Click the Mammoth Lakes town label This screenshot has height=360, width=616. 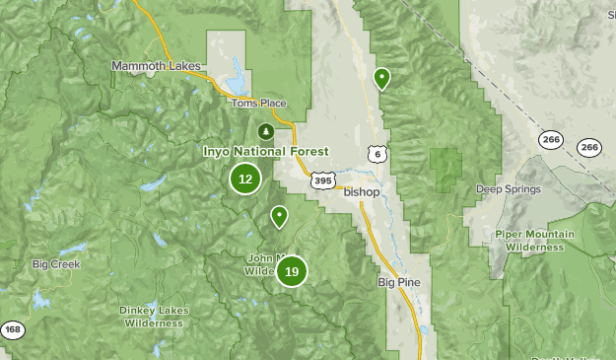(156, 66)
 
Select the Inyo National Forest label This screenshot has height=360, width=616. (265, 152)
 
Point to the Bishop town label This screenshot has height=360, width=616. (361, 191)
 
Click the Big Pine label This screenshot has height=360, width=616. (399, 282)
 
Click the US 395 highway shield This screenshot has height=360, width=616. (323, 180)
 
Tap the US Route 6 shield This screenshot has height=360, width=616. (376, 154)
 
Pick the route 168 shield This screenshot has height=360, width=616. (12, 329)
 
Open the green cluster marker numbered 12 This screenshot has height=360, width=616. (245, 179)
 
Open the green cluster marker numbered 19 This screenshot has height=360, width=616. (292, 270)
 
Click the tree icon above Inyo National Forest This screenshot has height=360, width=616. (264, 131)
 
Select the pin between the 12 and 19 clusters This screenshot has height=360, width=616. (280, 216)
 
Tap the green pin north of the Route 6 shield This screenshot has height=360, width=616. (381, 78)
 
